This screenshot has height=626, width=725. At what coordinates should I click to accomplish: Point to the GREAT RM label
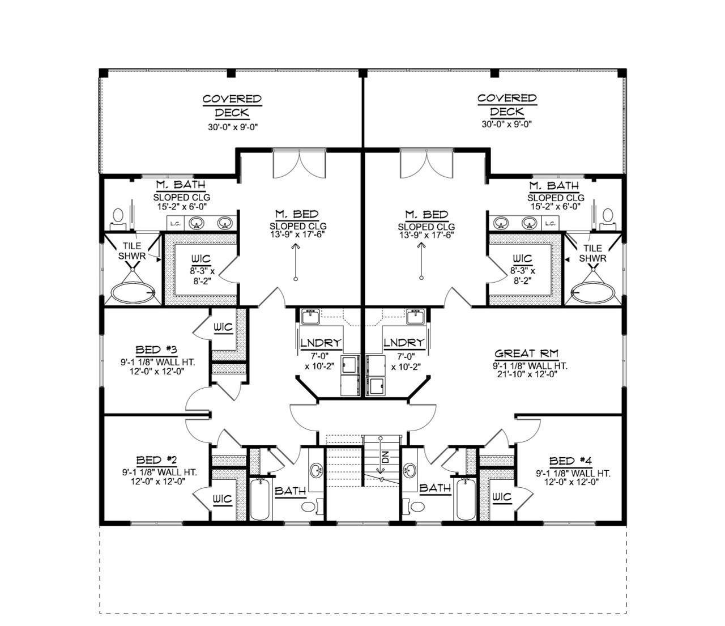(526, 354)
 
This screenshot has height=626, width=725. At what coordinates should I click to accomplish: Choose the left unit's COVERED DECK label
(232, 105)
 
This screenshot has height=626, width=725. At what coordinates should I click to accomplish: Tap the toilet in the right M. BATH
(608, 216)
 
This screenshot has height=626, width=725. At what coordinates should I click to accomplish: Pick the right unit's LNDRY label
(404, 343)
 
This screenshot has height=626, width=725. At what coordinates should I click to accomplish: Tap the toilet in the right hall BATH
(418, 506)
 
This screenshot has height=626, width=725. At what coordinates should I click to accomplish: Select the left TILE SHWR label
(133, 251)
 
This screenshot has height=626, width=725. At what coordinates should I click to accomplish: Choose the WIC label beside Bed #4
(502, 497)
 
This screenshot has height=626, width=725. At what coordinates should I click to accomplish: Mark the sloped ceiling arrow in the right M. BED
(421, 261)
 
